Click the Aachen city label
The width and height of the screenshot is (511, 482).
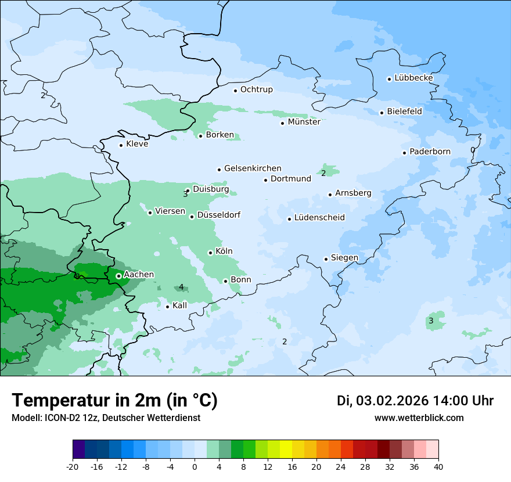coord(139,275)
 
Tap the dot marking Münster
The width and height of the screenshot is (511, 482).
coord(283,123)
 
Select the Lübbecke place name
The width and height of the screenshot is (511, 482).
coord(413,78)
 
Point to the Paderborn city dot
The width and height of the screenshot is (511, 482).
coord(404,153)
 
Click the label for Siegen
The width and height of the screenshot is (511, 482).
coord(344,258)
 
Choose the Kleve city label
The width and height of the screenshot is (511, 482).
coord(137,144)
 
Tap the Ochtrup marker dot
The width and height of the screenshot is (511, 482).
coord(235,90)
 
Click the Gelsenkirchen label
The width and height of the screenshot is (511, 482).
coord(253,168)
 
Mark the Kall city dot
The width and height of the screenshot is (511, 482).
coord(167,307)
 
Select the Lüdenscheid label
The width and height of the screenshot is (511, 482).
coord(319,218)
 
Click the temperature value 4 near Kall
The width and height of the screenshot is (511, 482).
coord(181,287)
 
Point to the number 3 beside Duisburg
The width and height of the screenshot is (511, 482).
coord(185,194)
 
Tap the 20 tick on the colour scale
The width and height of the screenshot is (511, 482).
coord(316,467)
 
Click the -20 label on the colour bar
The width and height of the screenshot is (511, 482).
coord(73,467)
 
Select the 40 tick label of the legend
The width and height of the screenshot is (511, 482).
coord(438,467)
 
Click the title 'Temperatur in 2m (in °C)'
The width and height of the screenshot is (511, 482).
coord(115,401)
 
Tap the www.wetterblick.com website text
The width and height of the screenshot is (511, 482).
coord(419,418)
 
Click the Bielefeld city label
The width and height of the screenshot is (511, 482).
coord(404,111)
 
